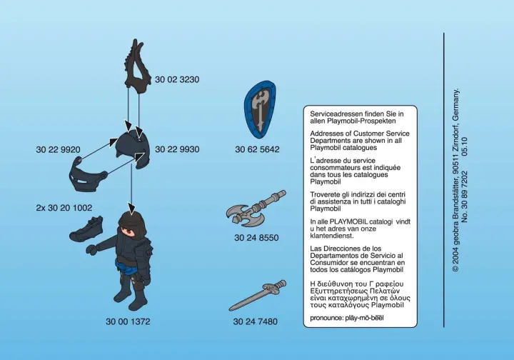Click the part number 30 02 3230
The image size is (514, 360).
pos(177,80)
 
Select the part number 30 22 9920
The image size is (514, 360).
pos(58,149)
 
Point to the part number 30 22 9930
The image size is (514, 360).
pos(177,149)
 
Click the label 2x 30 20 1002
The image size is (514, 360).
pos(64,208)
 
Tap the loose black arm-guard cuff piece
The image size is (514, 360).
pos(86,229)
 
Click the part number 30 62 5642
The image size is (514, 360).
pos(257,149)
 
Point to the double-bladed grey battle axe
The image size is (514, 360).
pos(256,209)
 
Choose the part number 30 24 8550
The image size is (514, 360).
pos(256,238)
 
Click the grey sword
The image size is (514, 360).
pos(257,295)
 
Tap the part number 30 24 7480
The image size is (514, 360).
pos(256,321)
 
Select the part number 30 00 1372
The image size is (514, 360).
pos(128,321)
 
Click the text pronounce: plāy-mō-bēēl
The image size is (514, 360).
pos(347,318)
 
